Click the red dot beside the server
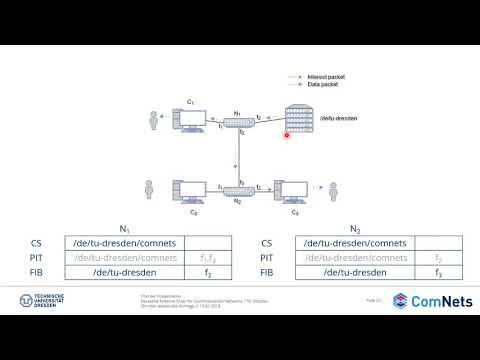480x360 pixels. (287, 135)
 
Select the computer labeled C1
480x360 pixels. (192, 119)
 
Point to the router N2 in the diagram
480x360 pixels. (239, 190)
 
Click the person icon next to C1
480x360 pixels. (155, 121)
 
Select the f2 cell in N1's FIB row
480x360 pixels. (208, 272)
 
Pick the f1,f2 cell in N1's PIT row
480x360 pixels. (208, 257)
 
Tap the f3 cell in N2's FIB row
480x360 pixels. (438, 272)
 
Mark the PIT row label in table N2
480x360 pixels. (266, 257)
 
